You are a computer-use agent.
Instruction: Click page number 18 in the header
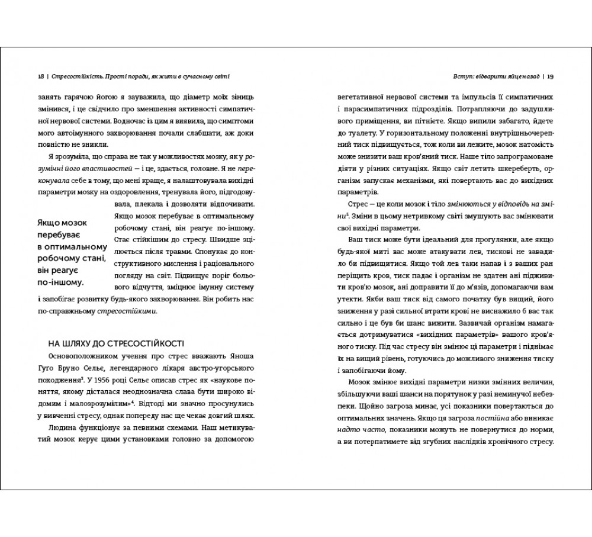click(40, 76)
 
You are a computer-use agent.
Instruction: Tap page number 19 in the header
click(551, 76)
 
